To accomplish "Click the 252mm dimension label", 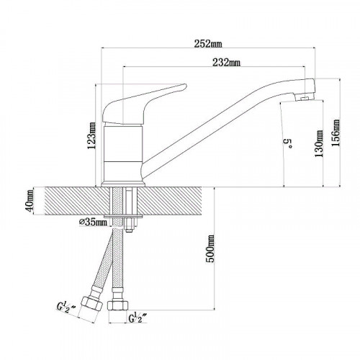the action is [x=208, y=44].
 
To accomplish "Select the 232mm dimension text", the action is [x=226, y=63].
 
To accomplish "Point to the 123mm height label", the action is [x=91, y=135].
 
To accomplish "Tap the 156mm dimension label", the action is [x=335, y=132].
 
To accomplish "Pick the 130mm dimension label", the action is [x=319, y=143].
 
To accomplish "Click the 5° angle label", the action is [x=288, y=143].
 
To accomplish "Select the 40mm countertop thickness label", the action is [x=30, y=201].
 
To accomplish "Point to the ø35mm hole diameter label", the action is [x=93, y=222].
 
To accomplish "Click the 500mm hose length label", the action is [x=210, y=248].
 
